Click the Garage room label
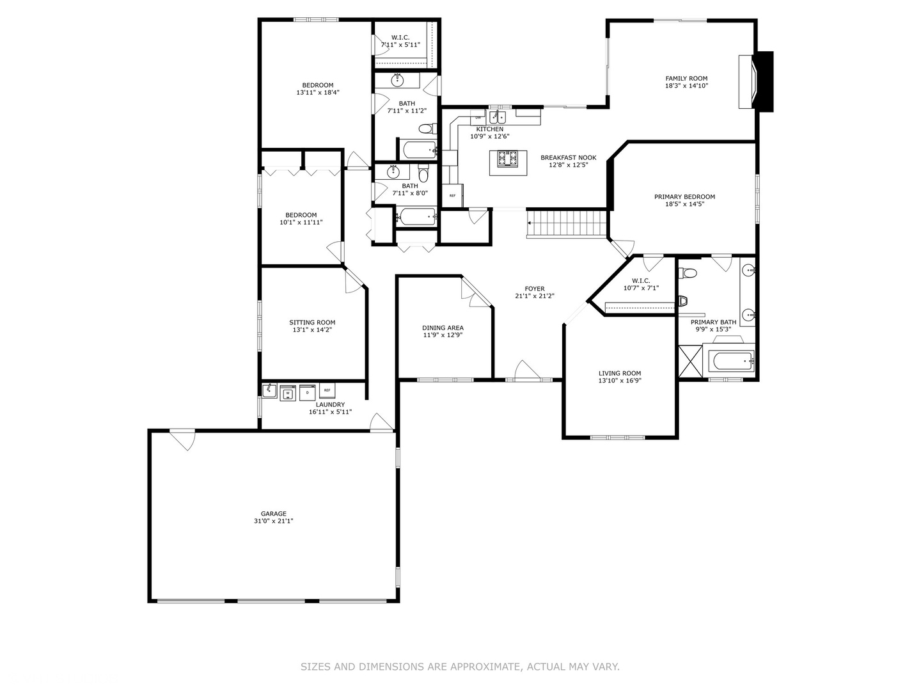click(x=273, y=513)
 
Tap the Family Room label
click(x=686, y=79)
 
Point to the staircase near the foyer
click(x=567, y=224)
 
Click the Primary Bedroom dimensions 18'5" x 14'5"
click(x=684, y=205)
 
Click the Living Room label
click(x=619, y=373)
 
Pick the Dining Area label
click(x=443, y=328)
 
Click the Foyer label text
click(x=534, y=289)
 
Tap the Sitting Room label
click(x=312, y=322)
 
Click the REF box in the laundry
click(x=327, y=390)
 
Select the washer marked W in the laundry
click(x=288, y=393)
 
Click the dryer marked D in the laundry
click(x=308, y=392)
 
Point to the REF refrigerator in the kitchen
click(x=453, y=196)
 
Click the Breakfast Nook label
click(x=568, y=157)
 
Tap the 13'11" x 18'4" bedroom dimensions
click(x=317, y=93)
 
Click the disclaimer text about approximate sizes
click(x=460, y=667)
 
